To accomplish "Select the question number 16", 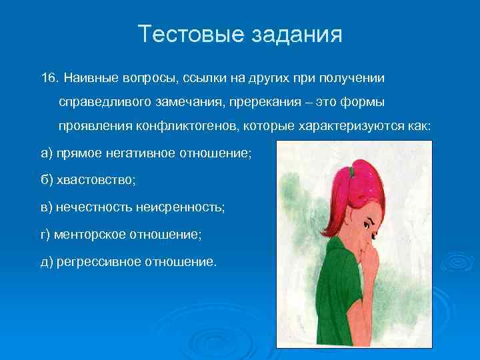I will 50,78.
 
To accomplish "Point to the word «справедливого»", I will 107,102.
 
